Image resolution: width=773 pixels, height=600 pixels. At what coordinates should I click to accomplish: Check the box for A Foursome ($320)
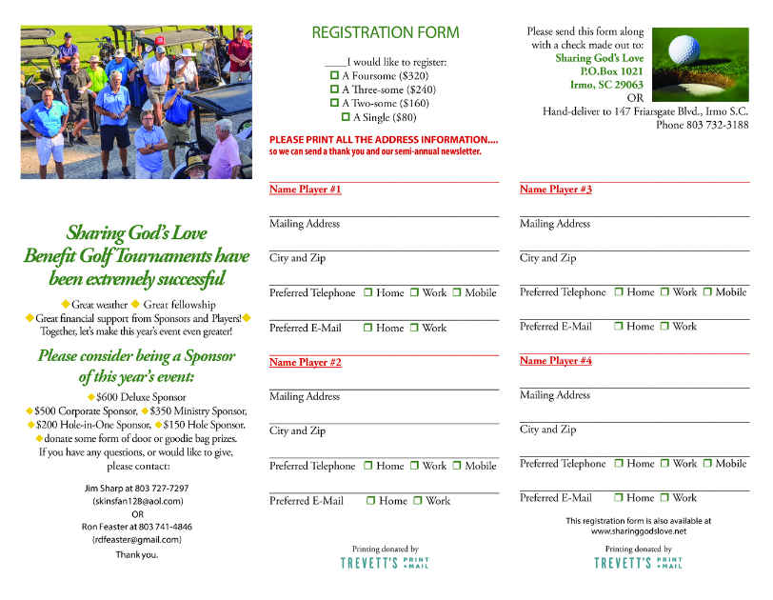[334, 75]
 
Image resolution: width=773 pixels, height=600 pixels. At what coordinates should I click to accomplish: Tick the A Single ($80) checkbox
[346, 117]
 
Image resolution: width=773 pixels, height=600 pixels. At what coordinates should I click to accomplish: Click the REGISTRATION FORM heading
[385, 33]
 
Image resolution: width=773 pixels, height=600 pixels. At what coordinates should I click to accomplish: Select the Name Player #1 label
[305, 190]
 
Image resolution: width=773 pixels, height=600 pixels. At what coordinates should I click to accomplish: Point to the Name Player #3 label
[556, 190]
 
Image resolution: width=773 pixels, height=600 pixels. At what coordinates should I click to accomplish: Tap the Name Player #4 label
[556, 361]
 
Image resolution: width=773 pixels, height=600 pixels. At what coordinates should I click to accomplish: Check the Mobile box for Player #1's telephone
[457, 293]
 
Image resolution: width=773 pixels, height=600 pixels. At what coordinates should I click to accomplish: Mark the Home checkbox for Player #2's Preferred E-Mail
[369, 501]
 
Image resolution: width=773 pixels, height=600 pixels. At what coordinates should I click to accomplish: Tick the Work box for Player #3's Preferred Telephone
[664, 292]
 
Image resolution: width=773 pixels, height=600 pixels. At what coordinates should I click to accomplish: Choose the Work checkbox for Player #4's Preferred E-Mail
[664, 498]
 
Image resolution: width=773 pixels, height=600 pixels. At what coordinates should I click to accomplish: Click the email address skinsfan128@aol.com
[138, 500]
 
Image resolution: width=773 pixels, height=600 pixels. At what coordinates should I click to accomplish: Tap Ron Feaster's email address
[137, 539]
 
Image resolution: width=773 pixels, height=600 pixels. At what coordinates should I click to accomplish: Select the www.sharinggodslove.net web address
[638, 531]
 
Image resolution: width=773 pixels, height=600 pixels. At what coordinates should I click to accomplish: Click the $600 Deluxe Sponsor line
[141, 396]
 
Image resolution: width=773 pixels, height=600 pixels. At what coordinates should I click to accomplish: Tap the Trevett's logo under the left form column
[385, 563]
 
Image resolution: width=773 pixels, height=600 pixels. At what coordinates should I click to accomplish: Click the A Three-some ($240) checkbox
[334, 90]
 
